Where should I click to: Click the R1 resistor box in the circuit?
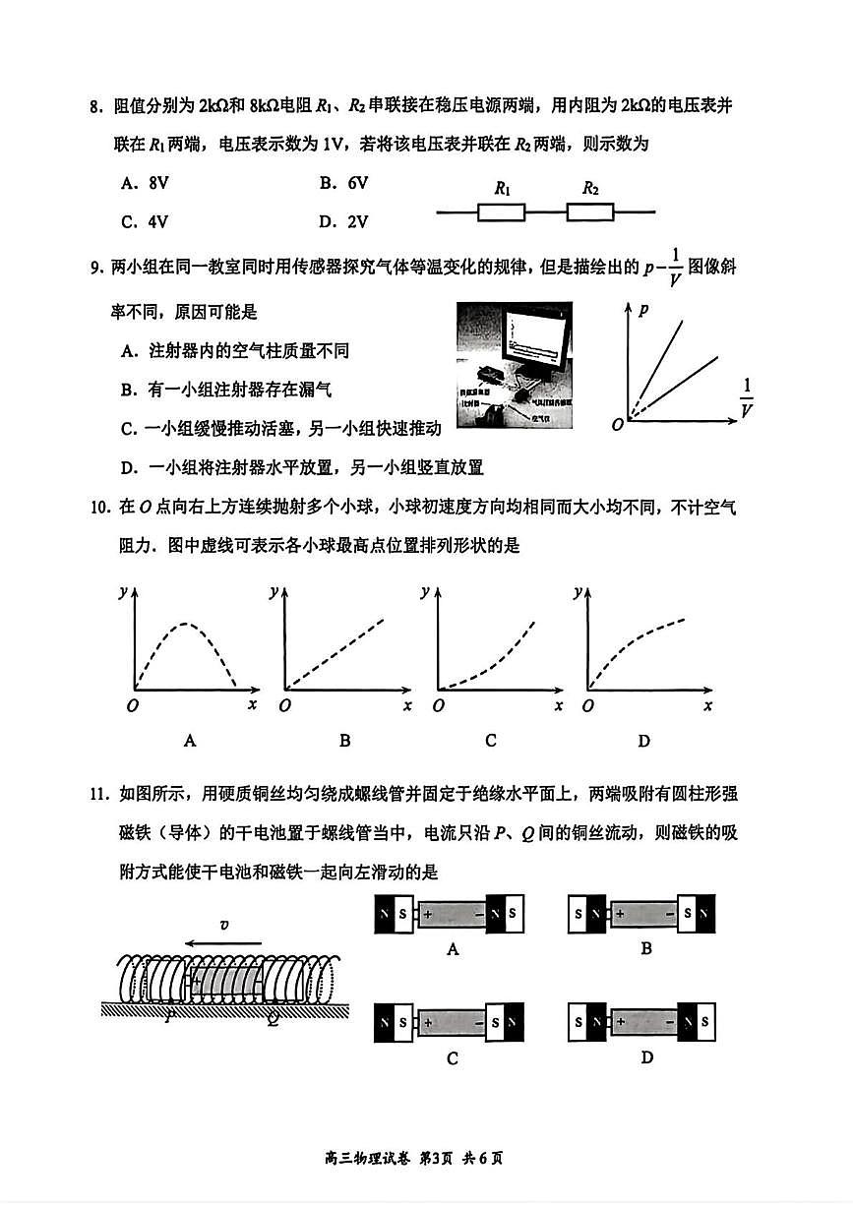(501, 211)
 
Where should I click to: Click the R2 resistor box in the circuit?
(590, 211)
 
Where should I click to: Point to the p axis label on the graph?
(643, 309)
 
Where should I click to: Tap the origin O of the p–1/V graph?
(617, 424)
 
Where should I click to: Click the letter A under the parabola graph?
(190, 741)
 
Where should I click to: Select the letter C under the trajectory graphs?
(490, 741)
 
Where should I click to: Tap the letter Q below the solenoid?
(273, 1020)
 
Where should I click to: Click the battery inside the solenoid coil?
(225, 981)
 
